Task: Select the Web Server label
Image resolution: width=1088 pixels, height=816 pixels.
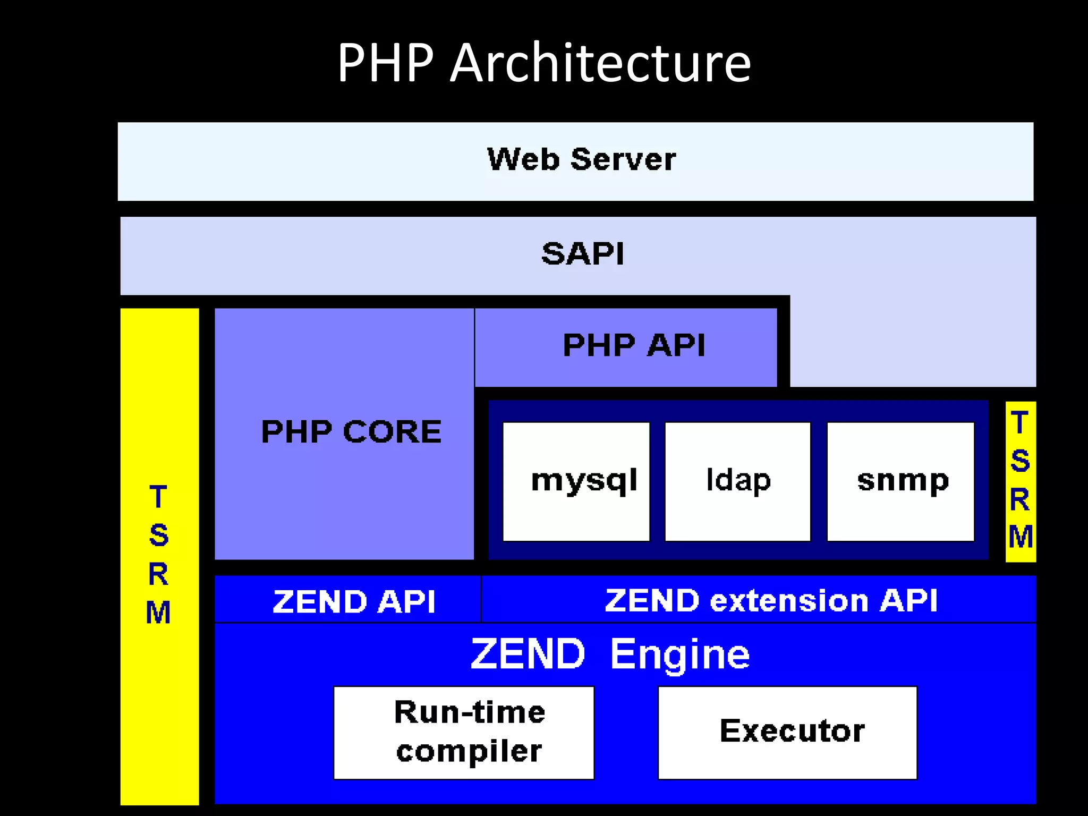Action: click(x=581, y=159)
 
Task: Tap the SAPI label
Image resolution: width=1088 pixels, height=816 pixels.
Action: click(x=583, y=253)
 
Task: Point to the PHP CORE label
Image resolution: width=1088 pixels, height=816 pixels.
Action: click(x=351, y=431)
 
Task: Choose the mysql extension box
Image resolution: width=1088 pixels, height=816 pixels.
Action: click(x=576, y=481)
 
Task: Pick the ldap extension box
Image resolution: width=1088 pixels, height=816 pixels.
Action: click(x=738, y=481)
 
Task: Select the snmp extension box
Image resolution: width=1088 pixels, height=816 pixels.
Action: click(x=901, y=481)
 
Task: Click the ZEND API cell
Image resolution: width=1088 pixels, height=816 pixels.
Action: click(x=353, y=601)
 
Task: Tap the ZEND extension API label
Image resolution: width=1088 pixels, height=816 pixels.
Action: click(x=771, y=601)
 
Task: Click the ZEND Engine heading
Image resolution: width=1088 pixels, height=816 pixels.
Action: click(x=610, y=654)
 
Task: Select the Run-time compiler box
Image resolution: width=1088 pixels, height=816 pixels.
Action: click(x=464, y=732)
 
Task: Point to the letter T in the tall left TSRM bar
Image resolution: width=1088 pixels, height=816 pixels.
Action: click(x=158, y=497)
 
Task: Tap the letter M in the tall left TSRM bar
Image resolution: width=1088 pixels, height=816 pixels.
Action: click(x=158, y=613)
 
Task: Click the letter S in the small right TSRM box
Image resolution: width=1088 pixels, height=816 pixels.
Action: click(x=1020, y=461)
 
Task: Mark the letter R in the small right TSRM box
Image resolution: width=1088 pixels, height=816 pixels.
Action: click(x=1020, y=499)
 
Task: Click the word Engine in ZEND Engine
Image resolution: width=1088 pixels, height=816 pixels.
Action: click(x=680, y=655)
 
